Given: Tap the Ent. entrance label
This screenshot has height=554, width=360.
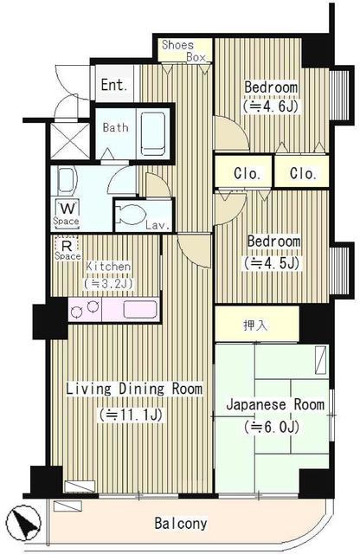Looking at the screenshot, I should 113,85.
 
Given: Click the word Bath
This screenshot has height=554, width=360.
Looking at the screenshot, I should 115,127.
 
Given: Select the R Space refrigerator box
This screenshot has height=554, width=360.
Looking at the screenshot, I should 67,249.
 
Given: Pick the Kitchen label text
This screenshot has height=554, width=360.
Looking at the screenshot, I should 107,267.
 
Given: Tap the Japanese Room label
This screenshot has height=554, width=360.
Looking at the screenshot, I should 274,404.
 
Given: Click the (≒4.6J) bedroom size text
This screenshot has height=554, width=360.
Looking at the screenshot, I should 271,109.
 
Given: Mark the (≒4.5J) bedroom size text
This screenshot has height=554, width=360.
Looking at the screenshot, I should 272,261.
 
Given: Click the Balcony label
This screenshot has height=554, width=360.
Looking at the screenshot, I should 181,524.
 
